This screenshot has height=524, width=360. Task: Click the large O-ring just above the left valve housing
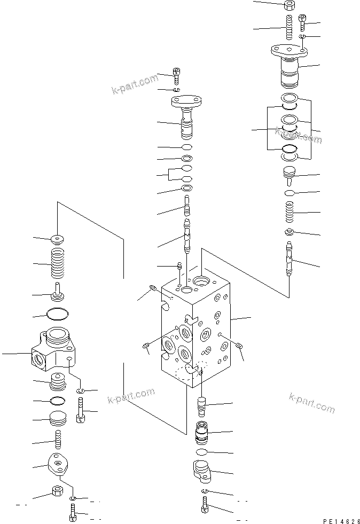pyautogui.click(x=58, y=315)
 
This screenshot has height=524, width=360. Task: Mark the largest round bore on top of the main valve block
pyautogui.click(x=204, y=280)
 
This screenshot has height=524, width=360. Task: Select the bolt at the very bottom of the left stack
pyautogui.click(x=73, y=515)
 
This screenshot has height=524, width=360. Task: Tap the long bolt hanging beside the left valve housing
pyautogui.click(x=80, y=412)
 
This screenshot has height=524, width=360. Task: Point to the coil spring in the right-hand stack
pyautogui.click(x=288, y=213)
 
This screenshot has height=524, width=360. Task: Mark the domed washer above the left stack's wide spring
pyautogui.click(x=58, y=238)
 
